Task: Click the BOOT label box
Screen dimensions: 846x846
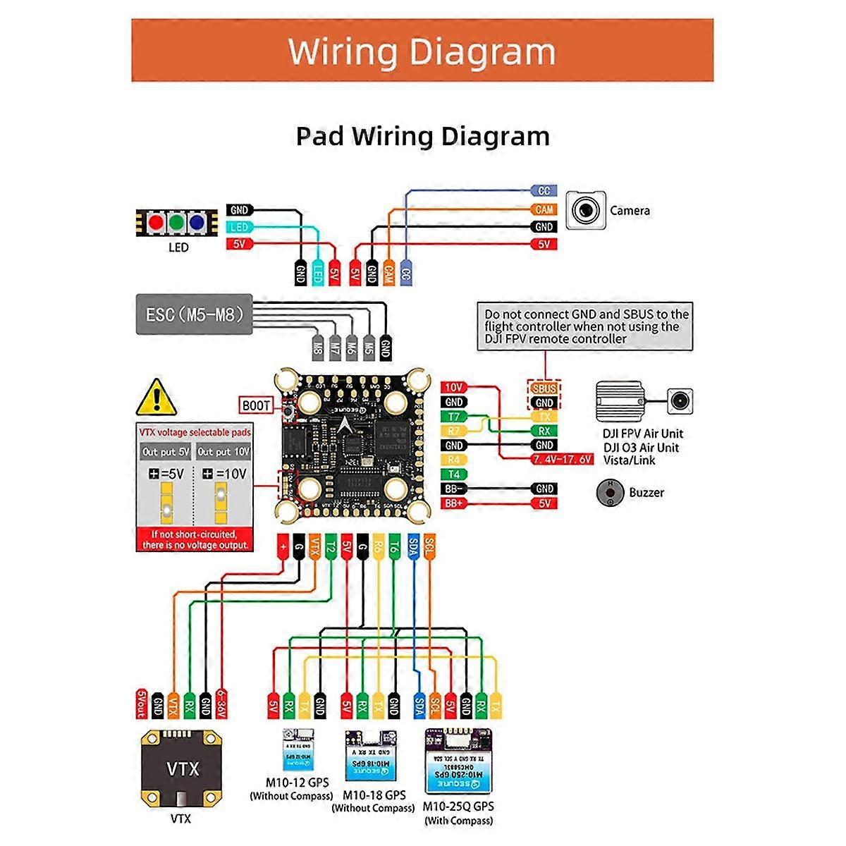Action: [256, 405]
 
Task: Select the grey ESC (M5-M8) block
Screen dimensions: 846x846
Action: [194, 314]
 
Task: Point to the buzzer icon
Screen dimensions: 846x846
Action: [609, 492]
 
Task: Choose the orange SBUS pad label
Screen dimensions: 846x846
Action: [544, 388]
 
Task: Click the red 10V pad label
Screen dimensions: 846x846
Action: [454, 387]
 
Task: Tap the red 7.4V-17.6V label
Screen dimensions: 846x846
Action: [562, 460]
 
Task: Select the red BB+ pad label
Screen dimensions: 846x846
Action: [453, 503]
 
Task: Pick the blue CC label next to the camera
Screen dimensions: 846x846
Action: [544, 191]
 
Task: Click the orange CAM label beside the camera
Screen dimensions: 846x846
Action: [544, 209]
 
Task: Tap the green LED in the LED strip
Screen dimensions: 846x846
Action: [177, 223]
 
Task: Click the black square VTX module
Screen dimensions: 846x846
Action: [183, 768]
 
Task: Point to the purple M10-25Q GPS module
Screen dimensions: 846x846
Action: [458, 761]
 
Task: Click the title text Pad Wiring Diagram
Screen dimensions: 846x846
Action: [422, 136]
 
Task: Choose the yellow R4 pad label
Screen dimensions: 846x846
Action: [454, 460]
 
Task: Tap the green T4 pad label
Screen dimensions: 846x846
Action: [454, 474]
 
